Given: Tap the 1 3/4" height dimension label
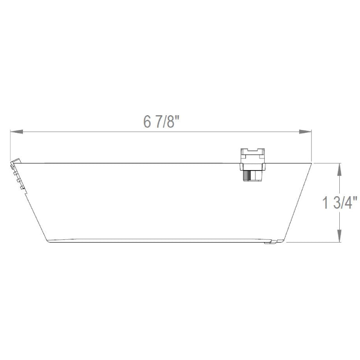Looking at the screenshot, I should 340,203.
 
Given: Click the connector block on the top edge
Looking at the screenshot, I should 254,158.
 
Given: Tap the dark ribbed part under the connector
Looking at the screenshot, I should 252,175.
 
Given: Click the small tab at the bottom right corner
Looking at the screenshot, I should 270,243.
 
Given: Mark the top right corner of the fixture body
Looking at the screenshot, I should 311,163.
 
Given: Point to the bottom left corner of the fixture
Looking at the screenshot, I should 48,240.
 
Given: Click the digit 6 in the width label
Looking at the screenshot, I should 147,121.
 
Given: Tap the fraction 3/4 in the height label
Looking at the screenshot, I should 346,203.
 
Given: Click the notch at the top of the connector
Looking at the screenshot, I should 254,149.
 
